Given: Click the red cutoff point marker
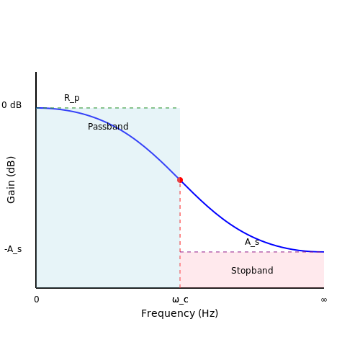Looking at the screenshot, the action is pos(180,180).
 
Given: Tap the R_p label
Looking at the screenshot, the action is pos(72,98).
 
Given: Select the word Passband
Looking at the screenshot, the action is pos(108,127).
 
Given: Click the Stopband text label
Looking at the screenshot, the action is pos(252,271).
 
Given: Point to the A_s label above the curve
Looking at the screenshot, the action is pos(252,242).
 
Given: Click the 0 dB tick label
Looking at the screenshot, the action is pos(12,105).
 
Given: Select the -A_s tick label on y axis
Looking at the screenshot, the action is pos(13,249).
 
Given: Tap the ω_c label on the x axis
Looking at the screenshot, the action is pos(180,300).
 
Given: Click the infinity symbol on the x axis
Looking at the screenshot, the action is pos(324,300).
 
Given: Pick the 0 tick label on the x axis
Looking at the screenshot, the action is pos(37,300).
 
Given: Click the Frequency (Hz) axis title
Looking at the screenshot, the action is pos(179,313).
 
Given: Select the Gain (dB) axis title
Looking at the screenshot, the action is pos(11,180).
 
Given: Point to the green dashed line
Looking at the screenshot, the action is pos(108,108).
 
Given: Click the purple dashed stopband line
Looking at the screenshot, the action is pos(252,252).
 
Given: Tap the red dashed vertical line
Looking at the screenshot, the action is pos(180,234).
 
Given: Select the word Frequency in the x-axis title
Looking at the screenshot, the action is pos(168,313).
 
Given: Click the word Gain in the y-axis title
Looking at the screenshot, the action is pos(11,192).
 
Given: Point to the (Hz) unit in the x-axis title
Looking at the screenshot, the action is pos(208,313).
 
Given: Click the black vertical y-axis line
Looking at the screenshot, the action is pos(36,180).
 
